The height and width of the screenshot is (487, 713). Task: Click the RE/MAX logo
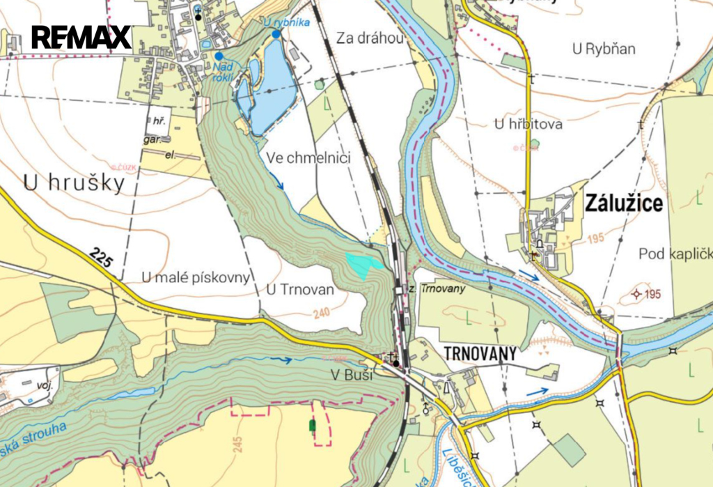pyautogui.click(x=81, y=37)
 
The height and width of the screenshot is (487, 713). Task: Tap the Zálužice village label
pyautogui.click(x=625, y=203)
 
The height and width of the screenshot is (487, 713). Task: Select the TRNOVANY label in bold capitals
pyautogui.click(x=480, y=354)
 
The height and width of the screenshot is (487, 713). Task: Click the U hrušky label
pyautogui.click(x=74, y=183)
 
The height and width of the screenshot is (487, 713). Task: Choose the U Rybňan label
pyautogui.click(x=604, y=49)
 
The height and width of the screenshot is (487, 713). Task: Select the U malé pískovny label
pyautogui.click(x=195, y=277)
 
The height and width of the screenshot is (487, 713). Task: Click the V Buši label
pyautogui.click(x=352, y=376)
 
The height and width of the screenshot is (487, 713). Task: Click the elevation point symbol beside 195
pyautogui.click(x=635, y=293)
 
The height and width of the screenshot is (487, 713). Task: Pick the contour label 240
pyautogui.click(x=322, y=314)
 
